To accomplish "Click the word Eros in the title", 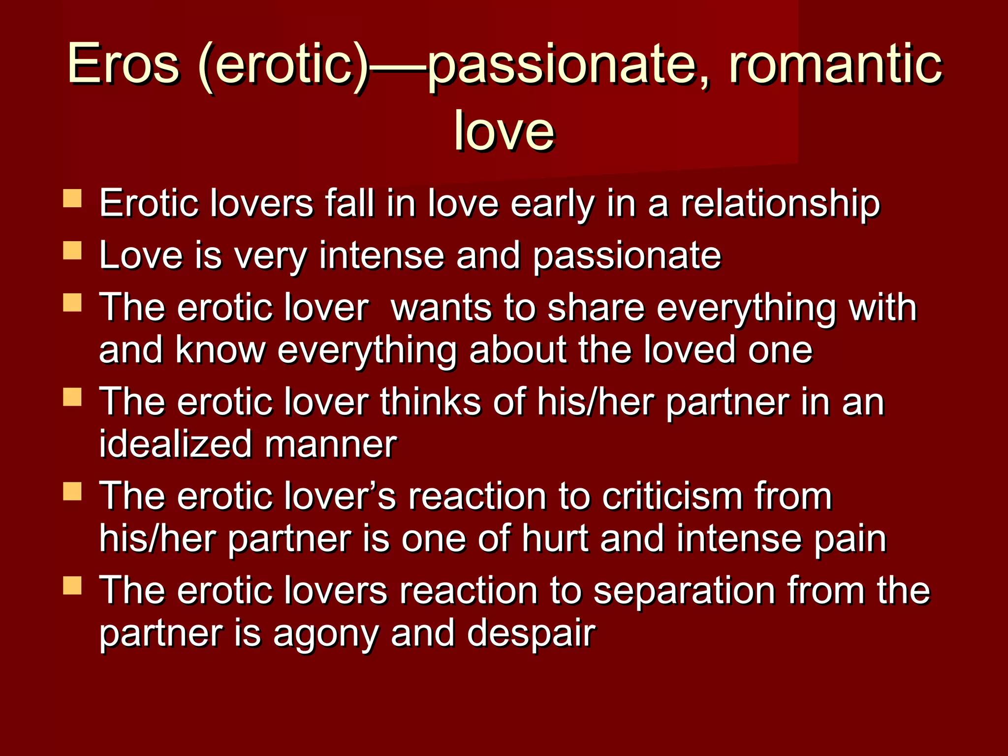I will pos(123,64).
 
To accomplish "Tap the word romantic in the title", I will pos(835,64).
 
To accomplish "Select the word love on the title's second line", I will pos(504,130).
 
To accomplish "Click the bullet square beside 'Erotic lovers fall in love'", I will pos(72,199).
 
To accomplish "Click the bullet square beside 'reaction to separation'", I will pos(72,586).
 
